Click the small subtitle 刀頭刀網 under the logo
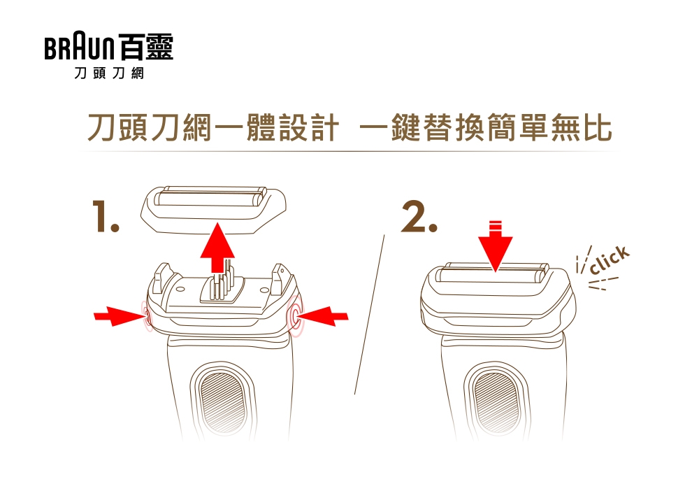pyautogui.click(x=109, y=73)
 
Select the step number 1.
pyautogui.click(x=106, y=216)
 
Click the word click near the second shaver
pyautogui.click(x=610, y=260)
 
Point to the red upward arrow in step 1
pyautogui.click(x=217, y=248)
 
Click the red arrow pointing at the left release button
pyautogui.click(x=119, y=316)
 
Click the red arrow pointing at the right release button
pyautogui.click(x=322, y=316)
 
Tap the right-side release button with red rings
pyautogui.click(x=294, y=315)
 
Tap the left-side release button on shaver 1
pyautogui.click(x=147, y=315)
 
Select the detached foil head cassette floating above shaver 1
pyautogui.click(x=213, y=210)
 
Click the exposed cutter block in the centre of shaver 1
pyautogui.click(x=223, y=285)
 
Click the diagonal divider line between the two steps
pyautogui.click(x=369, y=315)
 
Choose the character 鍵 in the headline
pyautogui.click(x=407, y=127)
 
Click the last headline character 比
pyautogui.click(x=598, y=127)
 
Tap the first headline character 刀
pyautogui.click(x=102, y=127)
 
